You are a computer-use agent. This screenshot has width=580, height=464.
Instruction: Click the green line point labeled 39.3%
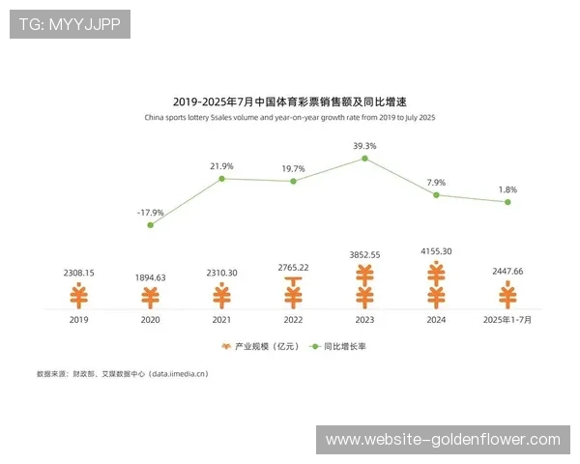365,159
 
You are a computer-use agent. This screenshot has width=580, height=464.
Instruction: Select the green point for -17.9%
150,225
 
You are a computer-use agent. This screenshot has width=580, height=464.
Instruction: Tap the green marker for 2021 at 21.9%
221,179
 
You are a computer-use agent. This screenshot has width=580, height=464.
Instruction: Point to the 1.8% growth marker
507,202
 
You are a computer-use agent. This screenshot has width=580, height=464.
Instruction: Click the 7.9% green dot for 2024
436,195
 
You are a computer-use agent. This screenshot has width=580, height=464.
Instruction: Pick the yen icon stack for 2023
364,286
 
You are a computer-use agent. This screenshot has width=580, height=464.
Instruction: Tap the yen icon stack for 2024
436,284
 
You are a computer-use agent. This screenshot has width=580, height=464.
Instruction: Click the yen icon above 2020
151,297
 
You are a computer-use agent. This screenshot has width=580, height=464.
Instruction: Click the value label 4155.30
436,251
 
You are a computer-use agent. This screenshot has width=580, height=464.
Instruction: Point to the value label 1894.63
151,277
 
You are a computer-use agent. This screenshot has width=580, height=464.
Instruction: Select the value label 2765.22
293,267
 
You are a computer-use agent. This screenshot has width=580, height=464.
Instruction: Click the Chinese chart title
290,101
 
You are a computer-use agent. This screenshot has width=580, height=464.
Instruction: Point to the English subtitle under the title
290,118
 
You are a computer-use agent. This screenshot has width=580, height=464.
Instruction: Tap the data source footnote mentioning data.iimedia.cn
122,373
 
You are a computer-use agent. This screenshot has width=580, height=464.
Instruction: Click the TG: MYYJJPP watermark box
69,24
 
